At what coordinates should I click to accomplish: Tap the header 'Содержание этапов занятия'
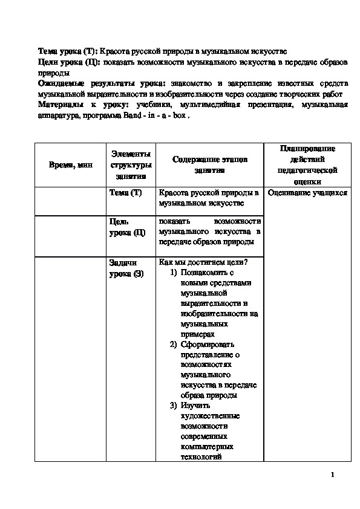tap(209, 165)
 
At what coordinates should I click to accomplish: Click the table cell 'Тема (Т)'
tap(125, 193)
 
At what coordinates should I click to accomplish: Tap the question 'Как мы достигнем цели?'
tap(203, 262)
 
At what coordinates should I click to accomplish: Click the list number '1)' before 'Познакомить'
tap(173, 272)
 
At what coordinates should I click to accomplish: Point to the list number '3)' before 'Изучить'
tap(173, 406)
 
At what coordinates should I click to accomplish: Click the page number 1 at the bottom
tap(333, 475)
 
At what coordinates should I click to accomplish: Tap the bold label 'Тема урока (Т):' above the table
tap(67, 51)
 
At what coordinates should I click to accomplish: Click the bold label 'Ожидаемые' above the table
tap(62, 83)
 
